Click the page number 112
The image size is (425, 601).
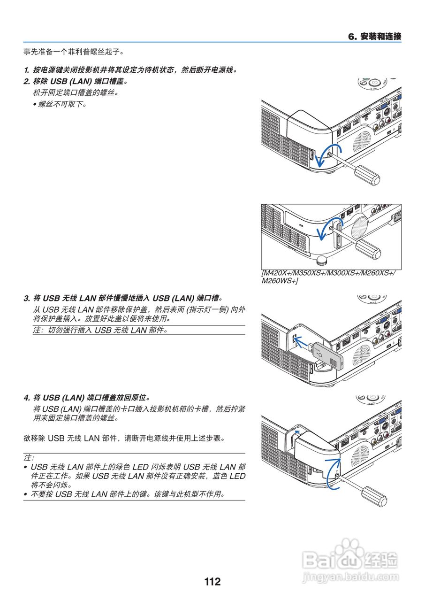[x=212, y=582]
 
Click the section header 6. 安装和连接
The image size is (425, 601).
[x=374, y=36]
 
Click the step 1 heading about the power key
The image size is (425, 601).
[x=130, y=70]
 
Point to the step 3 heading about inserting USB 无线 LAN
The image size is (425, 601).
[x=123, y=298]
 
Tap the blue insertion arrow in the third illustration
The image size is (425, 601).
[x=304, y=342]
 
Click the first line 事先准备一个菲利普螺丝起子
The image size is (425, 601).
[x=74, y=51]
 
